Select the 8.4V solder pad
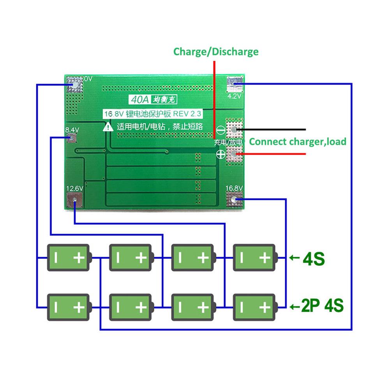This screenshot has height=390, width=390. (72, 138)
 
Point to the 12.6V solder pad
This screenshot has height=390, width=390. (74, 201)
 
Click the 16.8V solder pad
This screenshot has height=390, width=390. (234, 200)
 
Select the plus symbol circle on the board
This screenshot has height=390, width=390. (220, 155)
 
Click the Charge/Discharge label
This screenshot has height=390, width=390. (216, 51)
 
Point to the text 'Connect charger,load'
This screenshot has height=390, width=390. (298, 141)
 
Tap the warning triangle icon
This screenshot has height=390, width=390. (107, 127)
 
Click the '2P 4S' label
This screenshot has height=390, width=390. (322, 305)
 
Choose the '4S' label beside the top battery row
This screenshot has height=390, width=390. (313, 258)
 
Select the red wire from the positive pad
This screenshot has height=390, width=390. (273, 154)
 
